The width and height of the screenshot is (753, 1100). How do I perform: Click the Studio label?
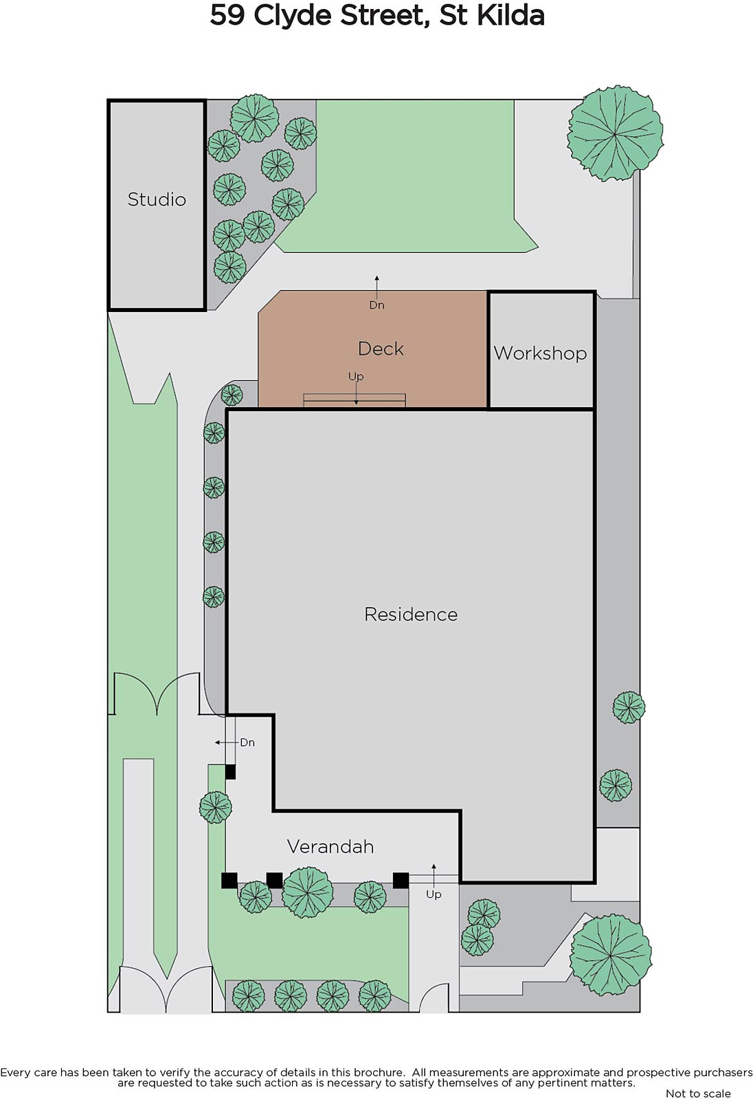[157, 199]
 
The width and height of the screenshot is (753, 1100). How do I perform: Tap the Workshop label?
[541, 353]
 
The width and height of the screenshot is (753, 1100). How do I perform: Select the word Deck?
[381, 349]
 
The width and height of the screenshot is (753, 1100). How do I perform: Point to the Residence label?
[411, 615]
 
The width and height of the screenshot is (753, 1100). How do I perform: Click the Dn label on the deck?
[377, 305]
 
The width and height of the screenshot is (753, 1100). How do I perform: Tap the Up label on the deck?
[356, 377]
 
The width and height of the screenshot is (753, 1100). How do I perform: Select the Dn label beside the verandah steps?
[247, 742]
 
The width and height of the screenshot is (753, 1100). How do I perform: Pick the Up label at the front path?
[434, 894]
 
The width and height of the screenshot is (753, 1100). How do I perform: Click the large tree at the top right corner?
[615, 133]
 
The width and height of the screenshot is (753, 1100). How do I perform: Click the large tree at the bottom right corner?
[610, 955]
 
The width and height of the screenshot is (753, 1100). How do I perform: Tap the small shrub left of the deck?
[232, 395]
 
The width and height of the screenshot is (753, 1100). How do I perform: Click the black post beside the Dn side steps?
[230, 771]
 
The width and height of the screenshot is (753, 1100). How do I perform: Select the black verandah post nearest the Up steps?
[401, 880]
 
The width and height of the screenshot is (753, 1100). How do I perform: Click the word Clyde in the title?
[293, 16]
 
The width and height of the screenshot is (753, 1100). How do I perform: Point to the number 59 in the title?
[228, 16]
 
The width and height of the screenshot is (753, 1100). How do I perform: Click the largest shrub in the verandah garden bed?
[308, 892]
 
